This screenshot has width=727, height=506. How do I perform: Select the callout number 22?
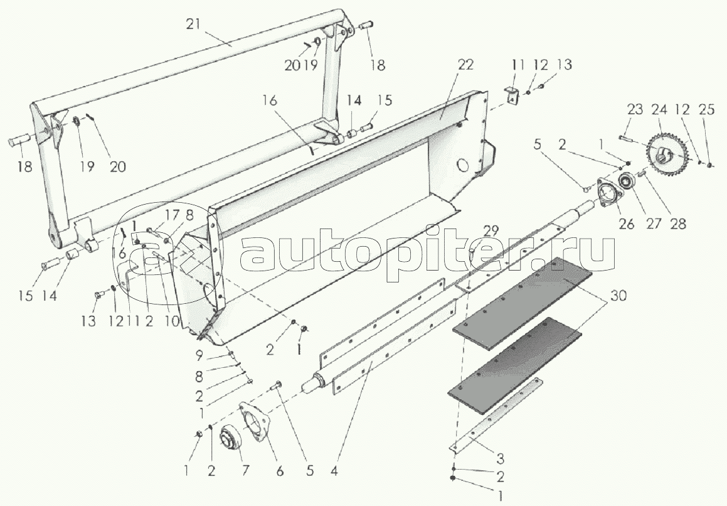pyautogui.click(x=465, y=65)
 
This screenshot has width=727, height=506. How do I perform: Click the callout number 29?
pyautogui.click(x=492, y=230)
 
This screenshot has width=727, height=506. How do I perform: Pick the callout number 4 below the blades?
pyautogui.click(x=334, y=470)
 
